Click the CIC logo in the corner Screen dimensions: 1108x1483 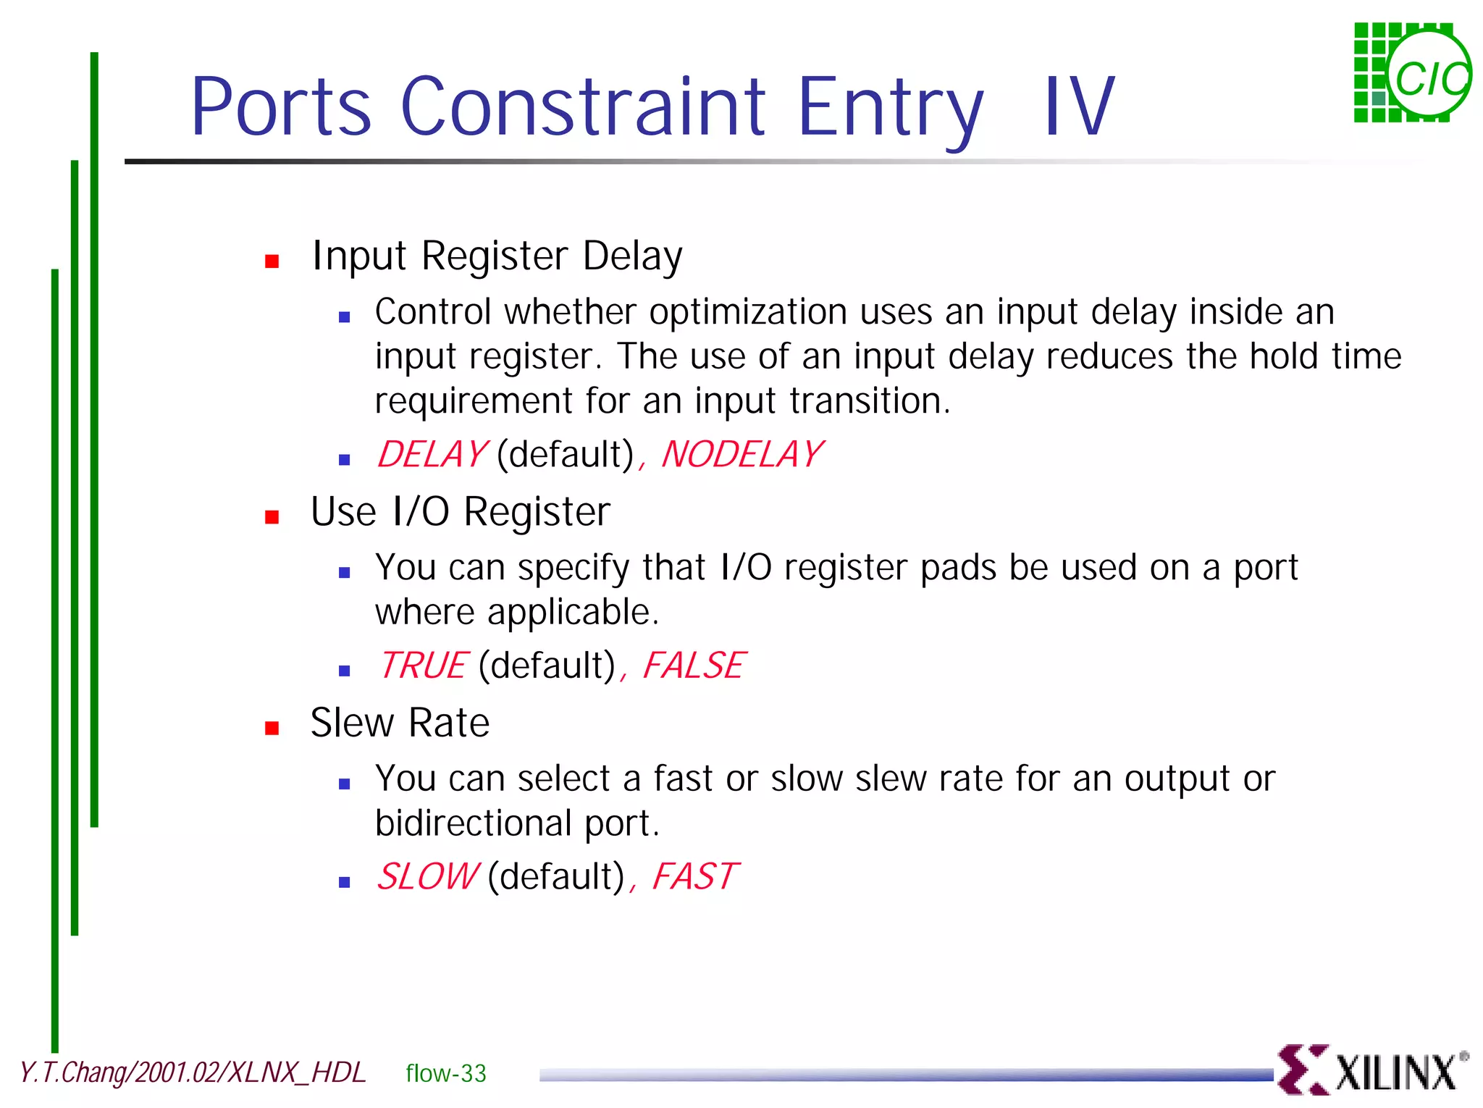(x=1412, y=73)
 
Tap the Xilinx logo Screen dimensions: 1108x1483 (x=1371, y=1070)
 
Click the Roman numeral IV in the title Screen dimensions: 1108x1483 (x=1078, y=107)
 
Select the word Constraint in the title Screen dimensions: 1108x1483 (x=582, y=107)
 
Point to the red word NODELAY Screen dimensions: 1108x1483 (x=741, y=455)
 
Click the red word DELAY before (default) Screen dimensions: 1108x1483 (x=432, y=455)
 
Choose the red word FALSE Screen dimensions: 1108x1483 (x=693, y=666)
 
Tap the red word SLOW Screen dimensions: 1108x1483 (x=427, y=876)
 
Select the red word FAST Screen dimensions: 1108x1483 (x=694, y=876)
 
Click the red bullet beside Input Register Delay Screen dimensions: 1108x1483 (x=272, y=261)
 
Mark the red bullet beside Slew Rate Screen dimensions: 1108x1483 (x=272, y=728)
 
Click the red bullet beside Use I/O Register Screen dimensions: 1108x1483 (x=272, y=517)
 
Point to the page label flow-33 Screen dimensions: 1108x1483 (x=445, y=1073)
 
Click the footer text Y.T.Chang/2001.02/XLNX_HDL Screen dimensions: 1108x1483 (x=193, y=1073)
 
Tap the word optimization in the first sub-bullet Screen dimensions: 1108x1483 (x=747, y=313)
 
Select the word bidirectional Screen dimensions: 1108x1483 (x=473, y=823)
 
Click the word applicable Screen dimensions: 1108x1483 (x=572, y=613)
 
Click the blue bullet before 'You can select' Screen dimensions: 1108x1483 (x=345, y=784)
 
